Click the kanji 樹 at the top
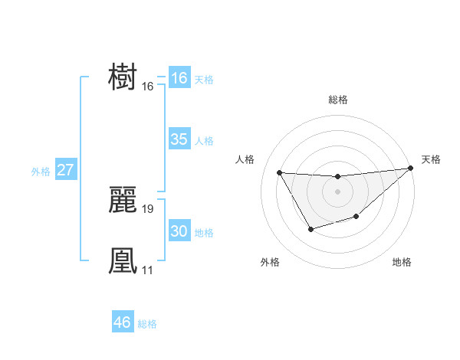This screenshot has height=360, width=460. [123, 77]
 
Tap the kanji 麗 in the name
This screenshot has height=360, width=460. [123, 199]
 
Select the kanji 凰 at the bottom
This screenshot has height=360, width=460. [123, 260]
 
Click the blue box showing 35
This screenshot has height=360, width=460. [179, 139]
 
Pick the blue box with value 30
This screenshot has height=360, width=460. [179, 231]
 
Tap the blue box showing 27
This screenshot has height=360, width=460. [65, 170]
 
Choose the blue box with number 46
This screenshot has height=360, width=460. [123, 322]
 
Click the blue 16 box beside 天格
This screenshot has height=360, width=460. [179, 78]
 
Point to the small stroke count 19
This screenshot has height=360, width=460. [148, 208]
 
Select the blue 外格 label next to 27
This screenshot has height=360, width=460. [41, 172]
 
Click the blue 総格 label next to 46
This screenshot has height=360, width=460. [147, 324]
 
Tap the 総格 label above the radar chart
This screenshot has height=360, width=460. [338, 100]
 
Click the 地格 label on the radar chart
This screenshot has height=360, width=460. [402, 262]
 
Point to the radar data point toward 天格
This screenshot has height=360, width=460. [411, 168]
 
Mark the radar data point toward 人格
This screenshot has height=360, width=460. [280, 172]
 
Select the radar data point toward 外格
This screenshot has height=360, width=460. [310, 229]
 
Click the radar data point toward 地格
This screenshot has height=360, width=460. [356, 218]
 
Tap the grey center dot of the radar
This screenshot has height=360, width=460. [337, 191]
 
